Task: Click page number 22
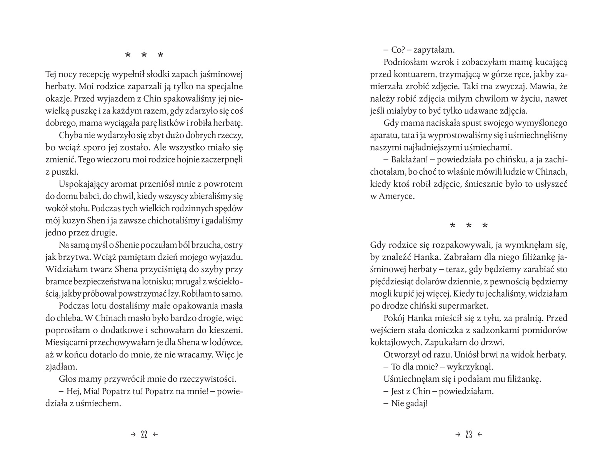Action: [144, 435]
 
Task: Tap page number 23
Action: [468, 435]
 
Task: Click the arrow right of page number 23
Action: [480, 435]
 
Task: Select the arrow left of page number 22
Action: [133, 435]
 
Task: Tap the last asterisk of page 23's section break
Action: [485, 226]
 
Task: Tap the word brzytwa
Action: [73, 257]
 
